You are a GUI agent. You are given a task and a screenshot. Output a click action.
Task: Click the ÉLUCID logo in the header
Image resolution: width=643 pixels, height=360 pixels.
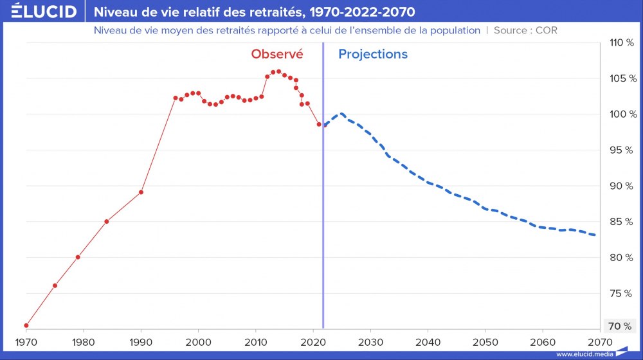[44, 12]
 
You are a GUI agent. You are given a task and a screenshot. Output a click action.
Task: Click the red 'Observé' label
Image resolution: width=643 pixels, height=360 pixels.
[277, 55]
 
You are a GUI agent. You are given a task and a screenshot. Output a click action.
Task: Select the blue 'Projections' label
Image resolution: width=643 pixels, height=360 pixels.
[373, 55]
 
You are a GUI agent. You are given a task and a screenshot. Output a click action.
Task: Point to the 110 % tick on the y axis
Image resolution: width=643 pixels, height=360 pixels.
[620, 43]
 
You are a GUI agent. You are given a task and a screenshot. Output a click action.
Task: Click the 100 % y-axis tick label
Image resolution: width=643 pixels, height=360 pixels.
[620, 114]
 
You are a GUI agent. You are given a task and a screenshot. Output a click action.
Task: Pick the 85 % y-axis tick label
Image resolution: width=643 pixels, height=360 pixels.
[620, 222]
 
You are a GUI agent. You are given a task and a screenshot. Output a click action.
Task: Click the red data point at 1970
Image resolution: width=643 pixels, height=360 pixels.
[26, 325]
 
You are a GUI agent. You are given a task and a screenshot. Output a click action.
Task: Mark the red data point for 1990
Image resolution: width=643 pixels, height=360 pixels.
[141, 192]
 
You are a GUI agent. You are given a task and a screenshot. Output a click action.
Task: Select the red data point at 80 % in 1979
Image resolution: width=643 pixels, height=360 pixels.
[78, 257]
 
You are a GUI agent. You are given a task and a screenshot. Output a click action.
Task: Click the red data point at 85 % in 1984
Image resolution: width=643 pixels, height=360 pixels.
[106, 221]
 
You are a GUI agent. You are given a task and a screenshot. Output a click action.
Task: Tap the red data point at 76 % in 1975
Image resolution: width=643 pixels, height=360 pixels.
[55, 285]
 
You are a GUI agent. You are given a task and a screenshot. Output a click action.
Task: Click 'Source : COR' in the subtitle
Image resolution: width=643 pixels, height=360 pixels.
[525, 30]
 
